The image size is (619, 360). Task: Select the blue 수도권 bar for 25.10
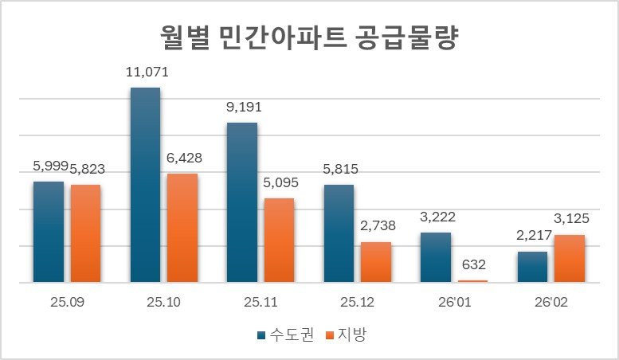click(145, 185)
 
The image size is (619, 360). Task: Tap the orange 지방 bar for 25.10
click(182, 228)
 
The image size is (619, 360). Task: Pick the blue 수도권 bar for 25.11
click(242, 202)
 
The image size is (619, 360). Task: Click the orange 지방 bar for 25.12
click(376, 262)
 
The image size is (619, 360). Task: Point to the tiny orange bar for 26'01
click(472, 281)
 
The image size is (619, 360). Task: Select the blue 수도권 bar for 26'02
click(533, 267)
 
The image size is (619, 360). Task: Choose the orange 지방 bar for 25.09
click(85, 233)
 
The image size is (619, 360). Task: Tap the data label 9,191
click(244, 108)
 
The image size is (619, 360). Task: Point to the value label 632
click(472, 264)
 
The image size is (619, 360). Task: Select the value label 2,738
click(377, 226)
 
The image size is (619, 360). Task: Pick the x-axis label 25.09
click(68, 303)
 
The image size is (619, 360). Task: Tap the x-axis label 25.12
click(358, 303)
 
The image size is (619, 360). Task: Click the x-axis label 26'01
click(454, 303)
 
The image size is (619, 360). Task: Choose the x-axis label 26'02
click(551, 303)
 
